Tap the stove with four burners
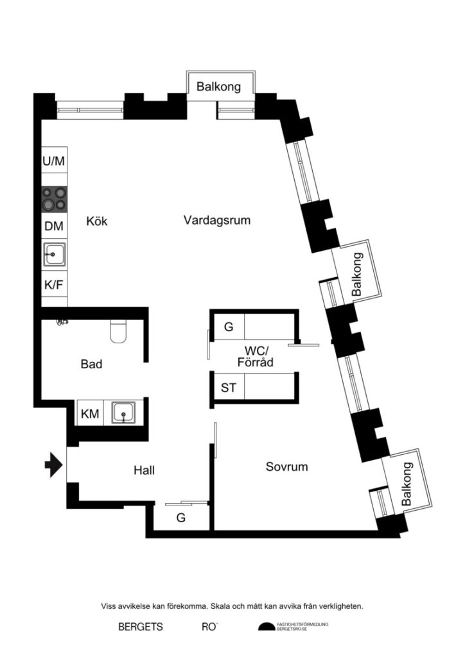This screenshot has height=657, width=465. point(54,198)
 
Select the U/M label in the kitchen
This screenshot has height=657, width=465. point(54,161)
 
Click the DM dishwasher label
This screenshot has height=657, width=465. point(54,226)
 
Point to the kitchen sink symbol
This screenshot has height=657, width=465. point(55,255)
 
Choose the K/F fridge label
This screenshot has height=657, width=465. point(54,284)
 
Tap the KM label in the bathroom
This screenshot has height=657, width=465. point(90,414)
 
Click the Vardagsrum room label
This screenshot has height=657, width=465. point(216,220)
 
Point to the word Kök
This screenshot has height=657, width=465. point(97,221)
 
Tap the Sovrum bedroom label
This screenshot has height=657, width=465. point(286,466)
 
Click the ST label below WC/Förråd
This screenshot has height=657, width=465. point(228,388)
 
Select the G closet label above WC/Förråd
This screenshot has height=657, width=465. point(228,327)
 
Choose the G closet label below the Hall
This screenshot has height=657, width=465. point(181,518)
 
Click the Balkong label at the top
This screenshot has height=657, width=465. point(218,86)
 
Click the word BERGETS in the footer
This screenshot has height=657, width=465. point(140,627)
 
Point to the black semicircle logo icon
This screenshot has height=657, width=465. point(265,627)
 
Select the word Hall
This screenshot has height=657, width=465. point(144,470)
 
